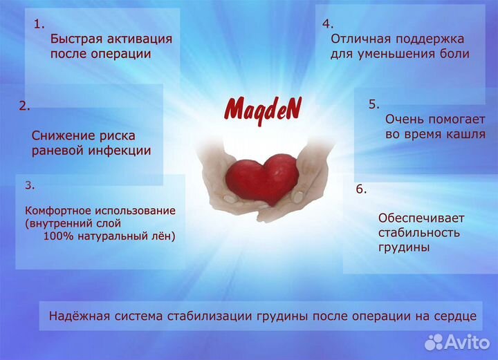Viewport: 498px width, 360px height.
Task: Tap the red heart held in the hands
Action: (x=262, y=178)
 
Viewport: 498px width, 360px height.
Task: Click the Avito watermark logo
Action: (x=457, y=342)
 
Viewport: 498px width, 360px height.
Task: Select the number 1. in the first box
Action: (x=39, y=24)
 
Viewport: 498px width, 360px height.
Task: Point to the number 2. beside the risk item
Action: (x=24, y=106)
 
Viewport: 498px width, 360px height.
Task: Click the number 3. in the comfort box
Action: (x=30, y=185)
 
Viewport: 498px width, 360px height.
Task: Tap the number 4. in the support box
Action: (x=328, y=23)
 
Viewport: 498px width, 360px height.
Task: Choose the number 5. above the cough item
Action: (x=373, y=104)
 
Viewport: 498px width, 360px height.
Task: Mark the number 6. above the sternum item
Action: (x=361, y=189)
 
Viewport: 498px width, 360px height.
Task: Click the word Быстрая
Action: (x=76, y=39)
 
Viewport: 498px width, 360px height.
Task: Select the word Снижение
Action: (x=62, y=135)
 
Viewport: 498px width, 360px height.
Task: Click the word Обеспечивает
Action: (x=421, y=218)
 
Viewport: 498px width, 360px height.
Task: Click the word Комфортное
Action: (x=57, y=211)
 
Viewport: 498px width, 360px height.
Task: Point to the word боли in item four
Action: (x=454, y=54)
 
